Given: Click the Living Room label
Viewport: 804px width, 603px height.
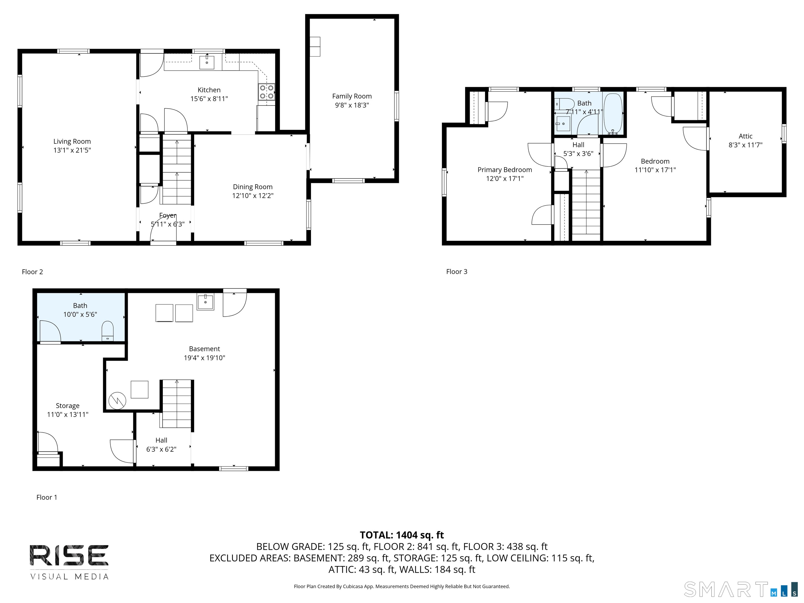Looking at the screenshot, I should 72,141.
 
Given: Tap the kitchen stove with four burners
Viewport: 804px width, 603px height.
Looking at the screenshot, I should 266,92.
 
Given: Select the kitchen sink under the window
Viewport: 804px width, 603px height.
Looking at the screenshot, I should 207,63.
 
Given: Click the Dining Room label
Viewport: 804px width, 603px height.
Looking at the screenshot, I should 253,187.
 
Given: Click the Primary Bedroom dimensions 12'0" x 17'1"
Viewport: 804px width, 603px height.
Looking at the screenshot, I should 505,178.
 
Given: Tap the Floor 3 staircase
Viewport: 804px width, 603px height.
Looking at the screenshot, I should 586,205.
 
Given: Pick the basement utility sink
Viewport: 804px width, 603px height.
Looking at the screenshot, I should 205,302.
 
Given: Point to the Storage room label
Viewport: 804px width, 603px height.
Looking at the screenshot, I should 68,406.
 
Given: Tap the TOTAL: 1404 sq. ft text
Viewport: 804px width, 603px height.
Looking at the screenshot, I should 402,535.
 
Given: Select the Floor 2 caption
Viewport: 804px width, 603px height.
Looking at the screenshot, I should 32,272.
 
